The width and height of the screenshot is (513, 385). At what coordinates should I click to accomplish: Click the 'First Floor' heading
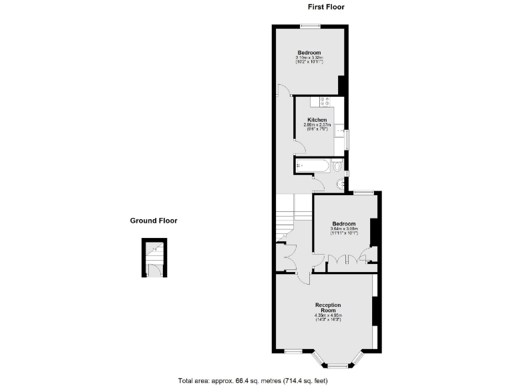[326, 7]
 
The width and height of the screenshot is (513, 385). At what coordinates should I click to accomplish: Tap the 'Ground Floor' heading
[154, 221]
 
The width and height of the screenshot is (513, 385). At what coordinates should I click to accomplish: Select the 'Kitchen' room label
[317, 120]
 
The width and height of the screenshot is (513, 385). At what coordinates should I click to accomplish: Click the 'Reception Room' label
[327, 308]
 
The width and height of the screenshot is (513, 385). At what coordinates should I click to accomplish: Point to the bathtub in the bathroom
[311, 166]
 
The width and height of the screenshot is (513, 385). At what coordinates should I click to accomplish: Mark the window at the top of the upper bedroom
[309, 26]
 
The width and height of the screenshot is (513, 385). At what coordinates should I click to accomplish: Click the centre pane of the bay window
[339, 365]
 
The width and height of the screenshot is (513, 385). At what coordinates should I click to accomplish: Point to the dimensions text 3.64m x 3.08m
[344, 229]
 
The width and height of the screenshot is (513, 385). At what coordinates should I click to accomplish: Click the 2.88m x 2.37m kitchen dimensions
[317, 125]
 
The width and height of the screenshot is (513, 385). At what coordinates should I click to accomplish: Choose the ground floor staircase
[153, 253]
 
